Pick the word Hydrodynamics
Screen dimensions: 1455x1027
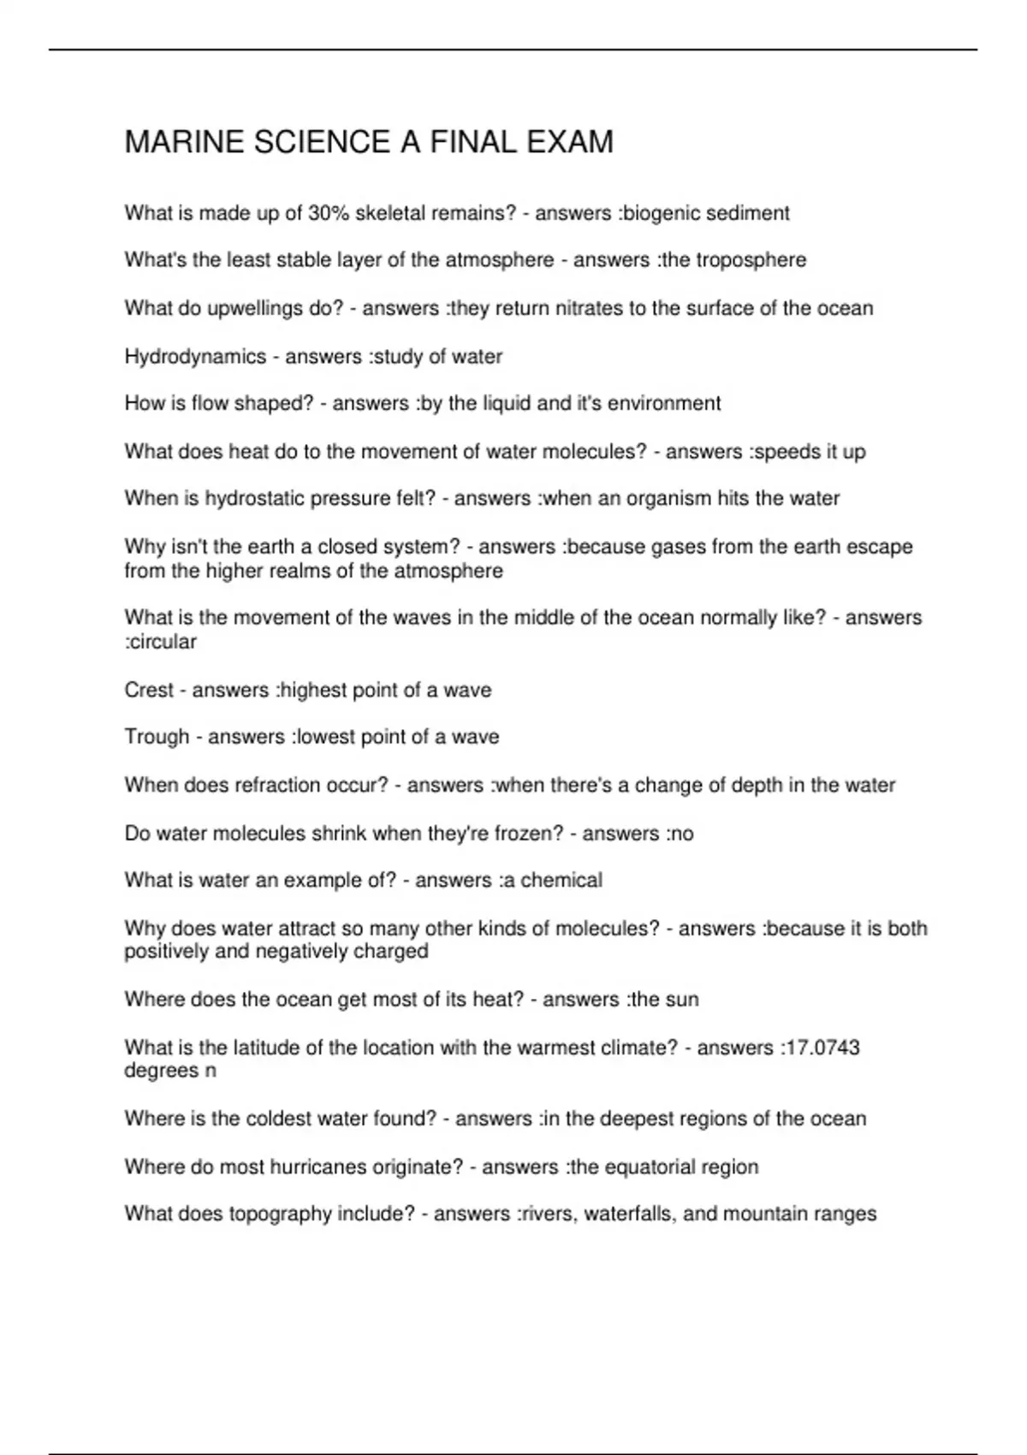tap(195, 357)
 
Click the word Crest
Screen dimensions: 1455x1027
tap(149, 690)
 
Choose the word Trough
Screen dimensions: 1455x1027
tap(157, 737)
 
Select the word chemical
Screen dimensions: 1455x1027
tap(561, 880)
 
